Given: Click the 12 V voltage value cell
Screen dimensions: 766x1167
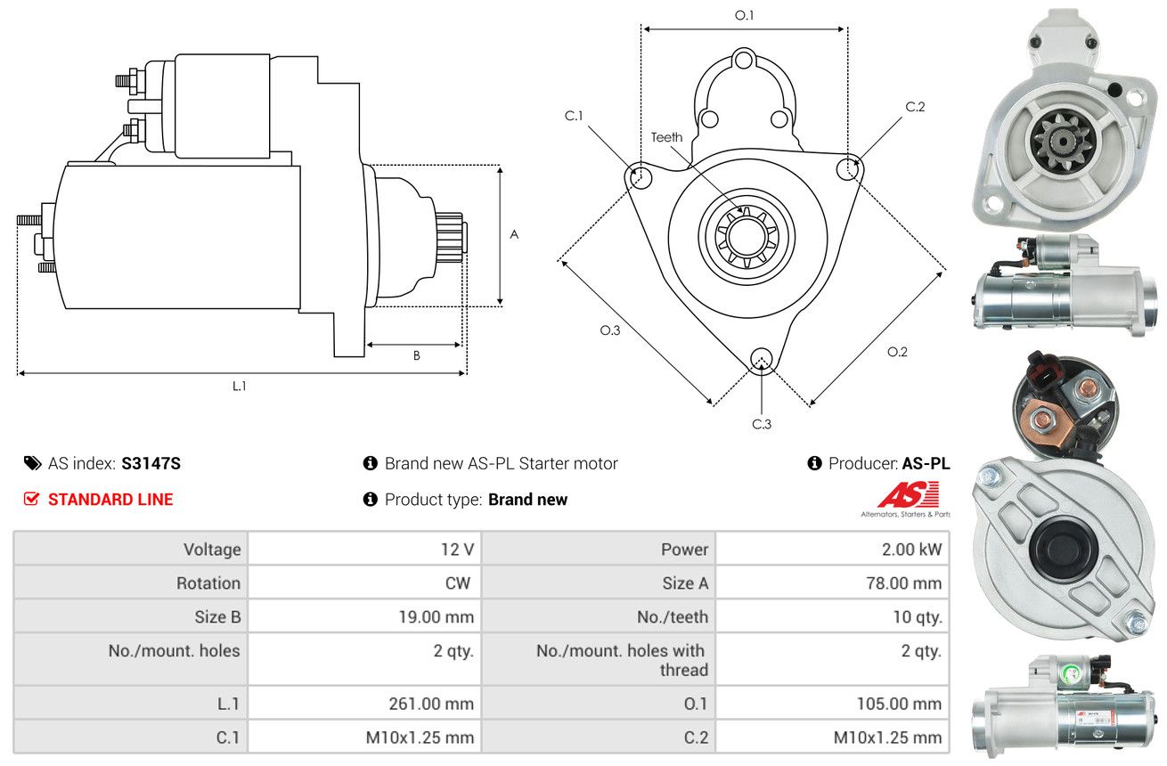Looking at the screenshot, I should [456, 550].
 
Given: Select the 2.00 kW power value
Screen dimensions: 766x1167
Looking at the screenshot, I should [911, 550].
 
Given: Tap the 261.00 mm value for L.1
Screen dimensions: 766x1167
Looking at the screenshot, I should [431, 704].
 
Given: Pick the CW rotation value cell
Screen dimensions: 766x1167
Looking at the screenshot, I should [458, 583].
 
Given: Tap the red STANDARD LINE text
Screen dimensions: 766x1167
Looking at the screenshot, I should [110, 500].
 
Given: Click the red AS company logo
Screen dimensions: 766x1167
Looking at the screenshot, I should [908, 494].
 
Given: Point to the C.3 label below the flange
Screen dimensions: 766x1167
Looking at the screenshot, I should [761, 424].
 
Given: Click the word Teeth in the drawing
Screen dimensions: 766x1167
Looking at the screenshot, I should [666, 137].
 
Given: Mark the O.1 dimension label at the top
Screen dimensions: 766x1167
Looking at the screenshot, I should [744, 15].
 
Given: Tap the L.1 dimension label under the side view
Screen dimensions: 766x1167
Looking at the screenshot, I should [240, 386].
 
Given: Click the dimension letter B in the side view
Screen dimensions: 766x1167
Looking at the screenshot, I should [416, 355].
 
